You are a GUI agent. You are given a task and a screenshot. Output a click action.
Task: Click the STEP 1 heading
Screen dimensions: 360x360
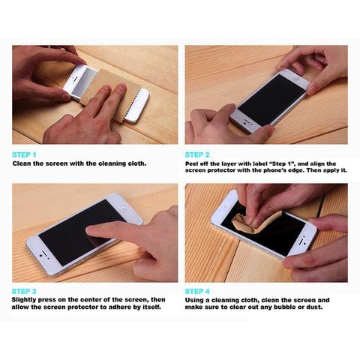click(x=24, y=154)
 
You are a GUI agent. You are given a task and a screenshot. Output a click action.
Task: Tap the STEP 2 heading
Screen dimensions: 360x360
click(x=197, y=154)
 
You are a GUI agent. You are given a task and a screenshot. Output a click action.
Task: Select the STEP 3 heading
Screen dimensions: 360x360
click(x=24, y=291)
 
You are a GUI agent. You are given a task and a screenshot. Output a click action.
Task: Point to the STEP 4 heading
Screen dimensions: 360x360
click(x=197, y=291)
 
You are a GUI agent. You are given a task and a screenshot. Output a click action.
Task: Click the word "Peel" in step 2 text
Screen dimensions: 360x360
click(x=192, y=163)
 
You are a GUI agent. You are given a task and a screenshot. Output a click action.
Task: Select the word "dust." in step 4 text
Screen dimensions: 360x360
click(x=313, y=307)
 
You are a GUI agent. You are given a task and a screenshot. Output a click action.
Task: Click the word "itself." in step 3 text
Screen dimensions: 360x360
click(x=151, y=307)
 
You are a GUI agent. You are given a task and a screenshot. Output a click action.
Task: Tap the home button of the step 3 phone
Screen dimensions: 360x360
click(x=124, y=209)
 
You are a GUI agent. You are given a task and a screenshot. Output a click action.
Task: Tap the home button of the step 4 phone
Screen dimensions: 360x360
click(x=226, y=207)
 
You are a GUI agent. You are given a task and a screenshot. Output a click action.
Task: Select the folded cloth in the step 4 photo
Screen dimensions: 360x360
click(x=255, y=221)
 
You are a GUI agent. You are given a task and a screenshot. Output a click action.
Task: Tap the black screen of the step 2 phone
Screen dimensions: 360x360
click(x=272, y=100)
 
